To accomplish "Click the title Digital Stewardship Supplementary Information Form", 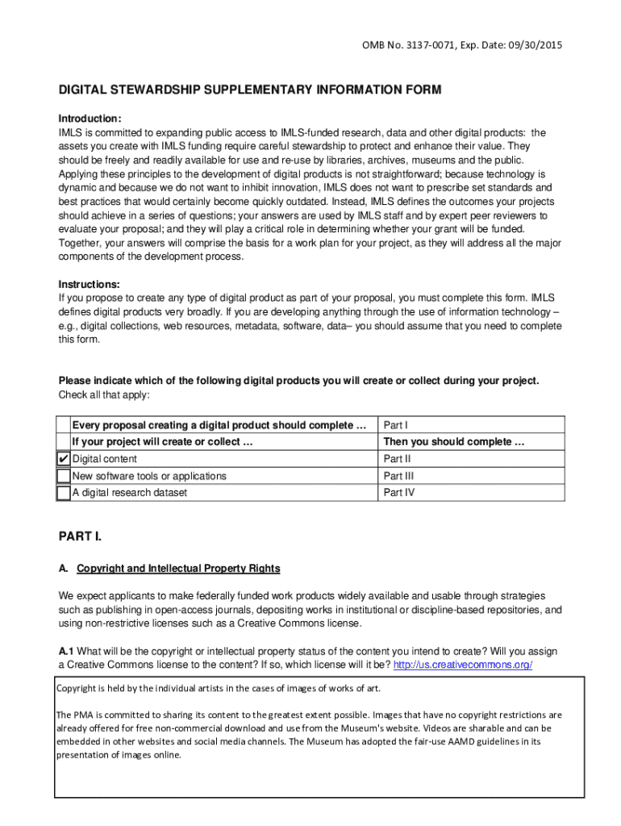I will [x=249, y=90].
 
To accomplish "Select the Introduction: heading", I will [x=90, y=118].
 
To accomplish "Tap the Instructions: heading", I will [x=89, y=285].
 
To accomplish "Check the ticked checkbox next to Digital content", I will [x=64, y=459].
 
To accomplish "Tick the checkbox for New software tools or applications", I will [x=64, y=476].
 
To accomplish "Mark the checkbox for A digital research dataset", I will [x=64, y=493].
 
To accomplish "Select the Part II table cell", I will [x=397, y=459].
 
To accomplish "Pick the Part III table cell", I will [x=398, y=476].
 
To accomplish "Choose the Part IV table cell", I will [x=398, y=493].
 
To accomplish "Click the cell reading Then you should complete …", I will [x=453, y=442].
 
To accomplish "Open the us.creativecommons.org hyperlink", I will [x=462, y=665].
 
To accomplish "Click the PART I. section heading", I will [x=81, y=536].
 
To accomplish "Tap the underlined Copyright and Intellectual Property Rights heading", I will [x=178, y=569].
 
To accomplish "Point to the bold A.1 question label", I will [x=67, y=651].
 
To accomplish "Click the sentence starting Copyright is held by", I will [x=218, y=688].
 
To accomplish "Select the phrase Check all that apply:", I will [x=104, y=394].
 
